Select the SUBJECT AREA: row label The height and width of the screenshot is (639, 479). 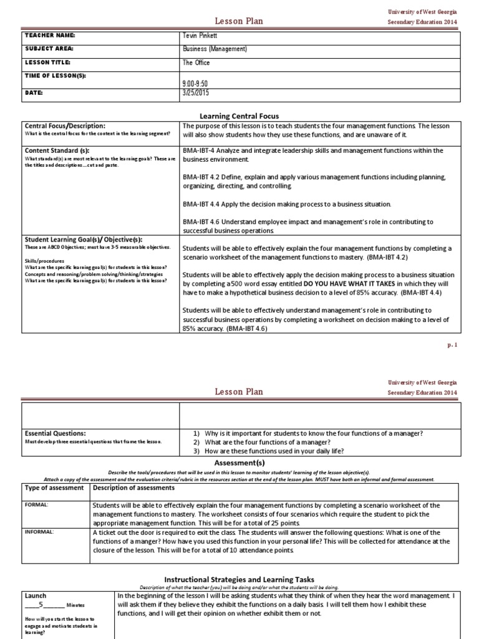(x=49, y=49)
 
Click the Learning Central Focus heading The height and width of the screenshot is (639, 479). (x=239, y=116)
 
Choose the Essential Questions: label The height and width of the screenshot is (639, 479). (x=56, y=433)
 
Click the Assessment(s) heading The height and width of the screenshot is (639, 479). (x=239, y=464)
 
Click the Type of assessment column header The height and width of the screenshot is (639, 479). (x=54, y=488)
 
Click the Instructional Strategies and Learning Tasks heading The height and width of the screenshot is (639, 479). (x=239, y=578)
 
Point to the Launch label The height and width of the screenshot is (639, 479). (x=36, y=596)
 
